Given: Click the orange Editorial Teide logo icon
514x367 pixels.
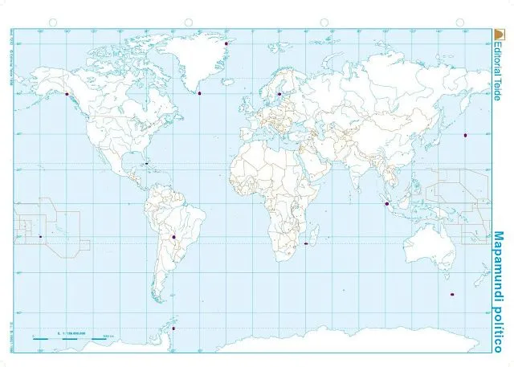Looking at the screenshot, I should [498, 34].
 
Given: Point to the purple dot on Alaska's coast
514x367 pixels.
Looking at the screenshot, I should [66, 94].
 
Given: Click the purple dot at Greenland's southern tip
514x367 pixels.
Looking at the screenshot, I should [198, 92].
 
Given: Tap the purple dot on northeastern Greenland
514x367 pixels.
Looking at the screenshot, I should [227, 43].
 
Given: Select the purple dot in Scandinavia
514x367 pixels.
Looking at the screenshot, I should [279, 93].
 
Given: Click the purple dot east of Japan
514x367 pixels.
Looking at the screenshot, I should [465, 135].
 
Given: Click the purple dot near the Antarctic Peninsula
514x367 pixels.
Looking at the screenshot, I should [173, 328].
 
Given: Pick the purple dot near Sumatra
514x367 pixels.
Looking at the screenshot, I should [387, 204].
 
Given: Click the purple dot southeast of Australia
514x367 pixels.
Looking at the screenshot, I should [453, 294].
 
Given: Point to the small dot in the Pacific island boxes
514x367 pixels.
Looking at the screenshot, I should [40, 236].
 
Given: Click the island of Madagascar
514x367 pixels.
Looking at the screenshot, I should [318, 233].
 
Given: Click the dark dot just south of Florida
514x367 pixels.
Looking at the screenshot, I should [148, 164].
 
